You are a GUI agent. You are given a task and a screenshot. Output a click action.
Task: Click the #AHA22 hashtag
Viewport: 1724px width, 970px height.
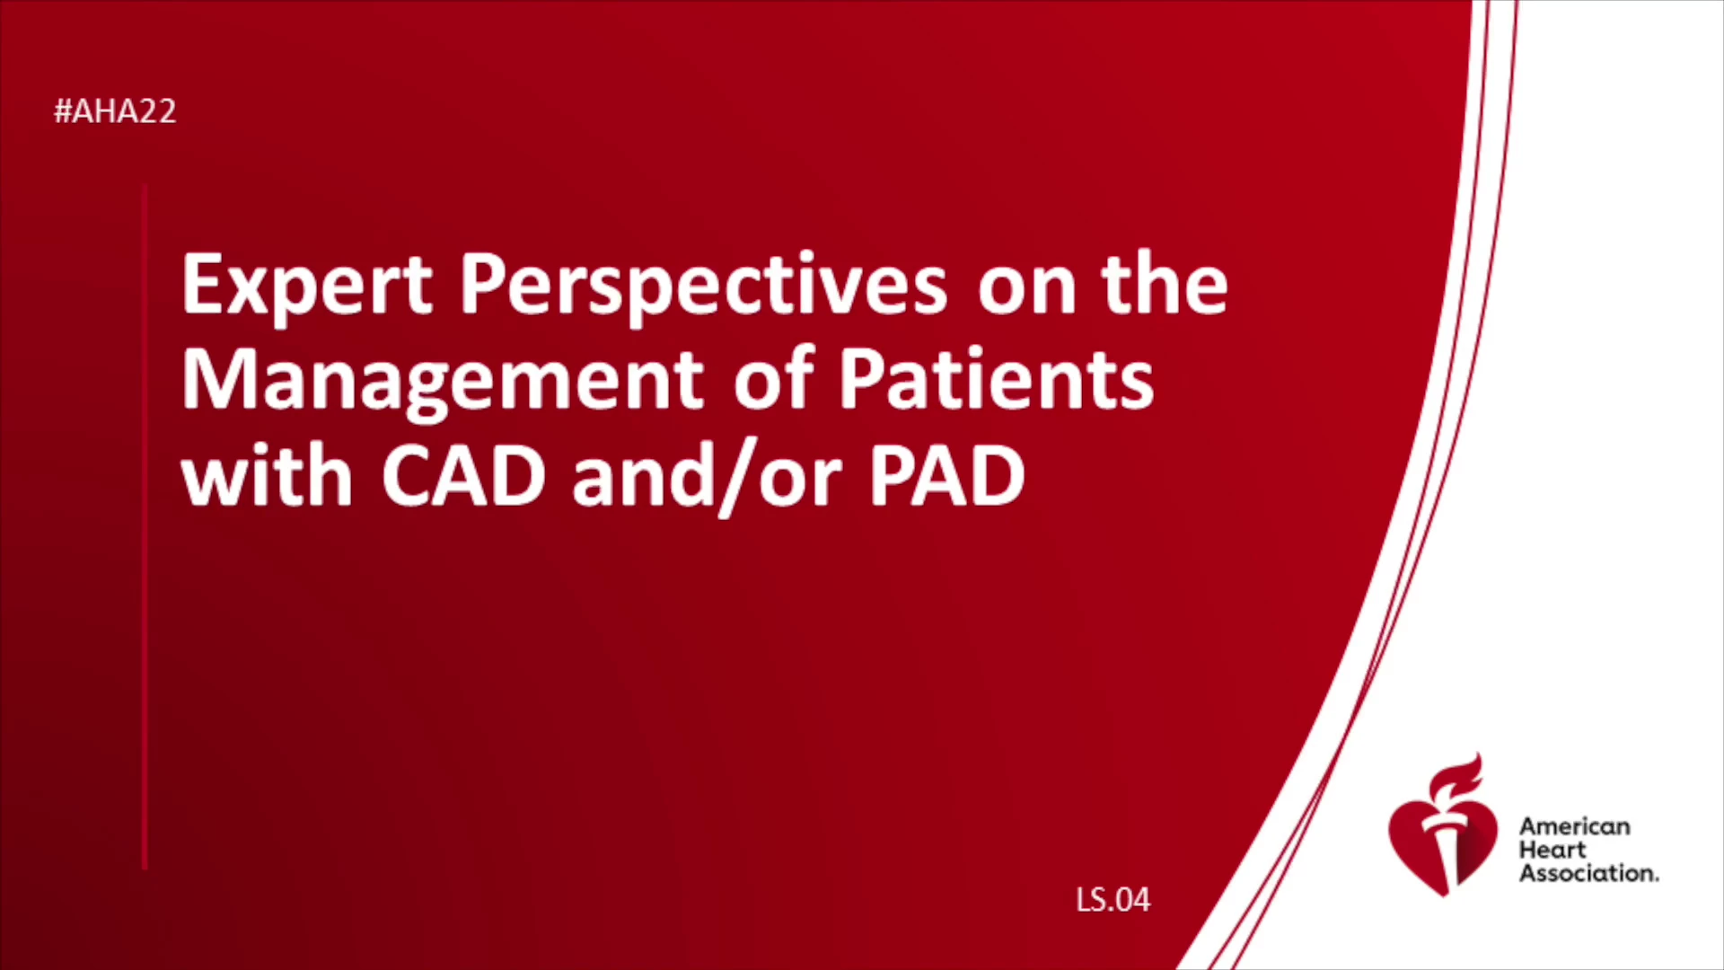pos(115,111)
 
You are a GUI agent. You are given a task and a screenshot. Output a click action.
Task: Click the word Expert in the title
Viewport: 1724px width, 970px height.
pos(307,286)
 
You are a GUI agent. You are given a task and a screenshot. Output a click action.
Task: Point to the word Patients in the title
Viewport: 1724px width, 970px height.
pos(996,380)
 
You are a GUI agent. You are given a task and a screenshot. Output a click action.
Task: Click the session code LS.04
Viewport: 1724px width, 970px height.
pos(1113,900)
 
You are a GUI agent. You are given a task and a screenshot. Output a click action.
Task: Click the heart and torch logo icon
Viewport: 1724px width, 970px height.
pos(1443,826)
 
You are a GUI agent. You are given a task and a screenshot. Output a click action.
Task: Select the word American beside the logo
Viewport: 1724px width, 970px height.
pos(1575,826)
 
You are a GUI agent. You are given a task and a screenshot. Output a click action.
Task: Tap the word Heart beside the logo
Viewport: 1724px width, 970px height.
pos(1552,850)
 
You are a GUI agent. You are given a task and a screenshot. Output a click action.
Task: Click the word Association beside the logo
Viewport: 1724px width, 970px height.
pos(1588,873)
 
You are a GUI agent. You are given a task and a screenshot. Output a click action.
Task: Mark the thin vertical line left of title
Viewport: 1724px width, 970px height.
pos(145,527)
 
